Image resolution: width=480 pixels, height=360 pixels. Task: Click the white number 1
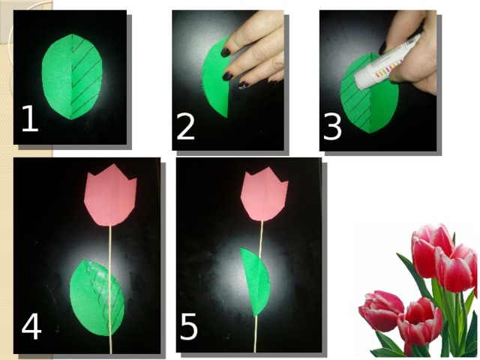[31, 118]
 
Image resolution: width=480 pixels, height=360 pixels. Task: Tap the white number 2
[185, 127]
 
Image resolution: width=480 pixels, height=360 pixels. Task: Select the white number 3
[332, 127]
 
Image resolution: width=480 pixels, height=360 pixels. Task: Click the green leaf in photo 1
[72, 76]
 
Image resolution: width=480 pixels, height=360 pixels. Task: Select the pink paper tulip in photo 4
[110, 195]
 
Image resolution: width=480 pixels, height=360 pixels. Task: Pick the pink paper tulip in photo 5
[264, 196]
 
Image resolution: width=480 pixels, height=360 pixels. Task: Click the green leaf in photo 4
[97, 298]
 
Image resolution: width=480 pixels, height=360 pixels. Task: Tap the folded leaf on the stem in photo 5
[255, 282]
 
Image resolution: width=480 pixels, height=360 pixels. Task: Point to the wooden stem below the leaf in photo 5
[256, 334]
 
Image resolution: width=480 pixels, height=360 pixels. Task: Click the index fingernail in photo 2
[225, 52]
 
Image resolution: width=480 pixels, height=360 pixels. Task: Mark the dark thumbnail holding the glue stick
[383, 48]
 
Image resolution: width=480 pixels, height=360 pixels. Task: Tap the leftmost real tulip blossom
[380, 310]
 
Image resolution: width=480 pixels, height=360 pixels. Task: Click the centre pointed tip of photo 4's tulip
[113, 165]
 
